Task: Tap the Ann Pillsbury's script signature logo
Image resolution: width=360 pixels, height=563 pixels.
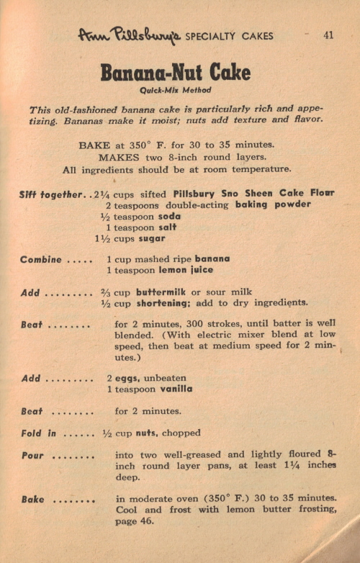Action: (x=130, y=35)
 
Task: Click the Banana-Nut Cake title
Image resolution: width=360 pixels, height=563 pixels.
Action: (x=175, y=73)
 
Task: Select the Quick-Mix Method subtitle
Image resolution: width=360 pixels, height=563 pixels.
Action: (x=175, y=91)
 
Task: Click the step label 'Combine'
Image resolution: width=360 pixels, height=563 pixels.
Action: (x=41, y=259)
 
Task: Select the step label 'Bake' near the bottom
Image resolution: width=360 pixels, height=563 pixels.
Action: (x=32, y=498)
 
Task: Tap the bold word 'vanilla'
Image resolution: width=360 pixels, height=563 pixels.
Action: (x=172, y=389)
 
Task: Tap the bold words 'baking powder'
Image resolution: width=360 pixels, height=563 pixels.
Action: (x=273, y=205)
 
